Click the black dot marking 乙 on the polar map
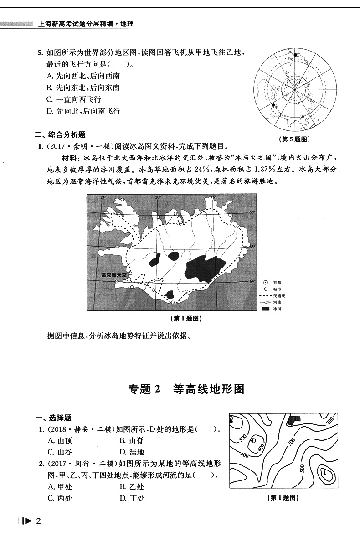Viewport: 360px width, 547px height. click(295, 55)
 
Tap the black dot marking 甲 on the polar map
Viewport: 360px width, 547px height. click(274, 106)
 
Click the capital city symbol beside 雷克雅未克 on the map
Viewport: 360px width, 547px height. click(129, 279)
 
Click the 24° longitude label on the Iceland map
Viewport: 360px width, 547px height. click(103, 197)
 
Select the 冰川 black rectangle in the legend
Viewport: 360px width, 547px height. click(266, 309)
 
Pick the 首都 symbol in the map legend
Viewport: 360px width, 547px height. click(266, 283)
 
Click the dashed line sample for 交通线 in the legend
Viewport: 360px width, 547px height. click(266, 295)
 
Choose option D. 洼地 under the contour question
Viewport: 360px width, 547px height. click(132, 452)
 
